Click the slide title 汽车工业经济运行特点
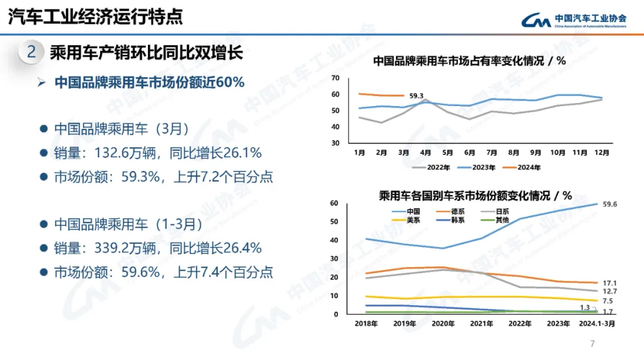95,16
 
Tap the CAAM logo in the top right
573,20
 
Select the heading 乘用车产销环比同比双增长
146,52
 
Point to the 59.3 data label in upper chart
416,96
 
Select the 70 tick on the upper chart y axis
335,78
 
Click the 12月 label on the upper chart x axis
602,153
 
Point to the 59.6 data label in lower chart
610,204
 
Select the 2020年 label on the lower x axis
443,324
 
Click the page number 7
592,343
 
